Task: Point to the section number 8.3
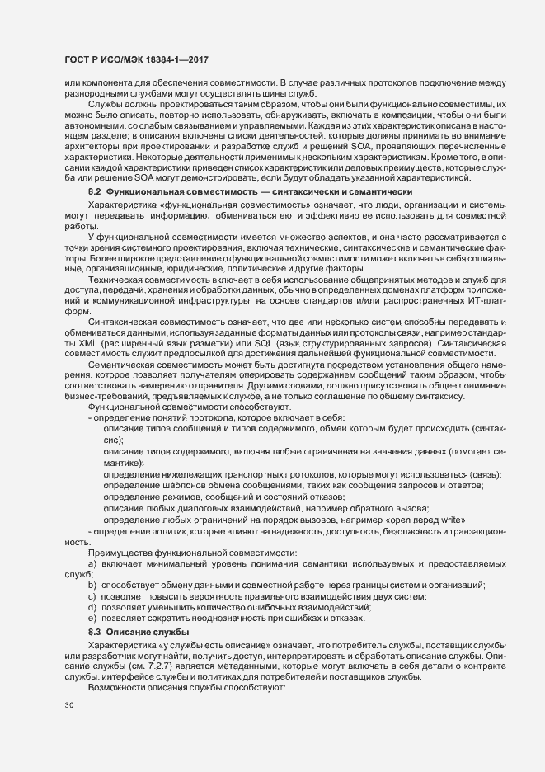(x=96, y=631)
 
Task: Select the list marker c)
(x=93, y=596)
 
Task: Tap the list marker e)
(x=93, y=619)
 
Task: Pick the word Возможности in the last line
(x=122, y=689)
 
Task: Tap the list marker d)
(x=93, y=608)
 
